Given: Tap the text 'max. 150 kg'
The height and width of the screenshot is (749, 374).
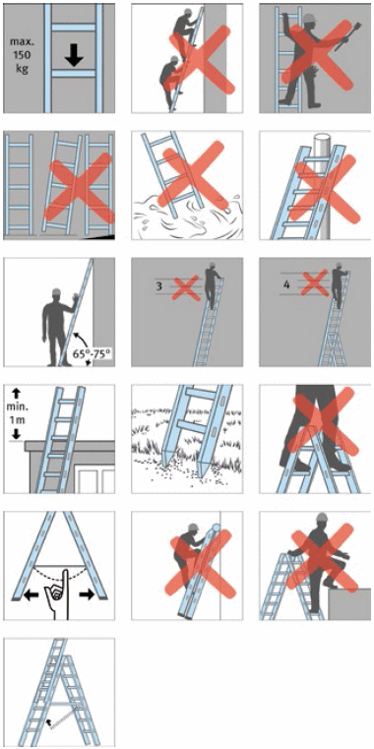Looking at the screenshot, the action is click(20, 54).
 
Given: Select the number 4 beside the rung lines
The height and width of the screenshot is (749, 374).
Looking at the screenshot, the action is click(286, 284).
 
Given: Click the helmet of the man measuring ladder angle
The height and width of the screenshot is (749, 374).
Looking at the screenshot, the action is click(56, 292).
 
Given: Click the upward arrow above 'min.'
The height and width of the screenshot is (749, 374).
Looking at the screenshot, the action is click(16, 394).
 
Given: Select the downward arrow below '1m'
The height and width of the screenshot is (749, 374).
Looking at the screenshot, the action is click(16, 434).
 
